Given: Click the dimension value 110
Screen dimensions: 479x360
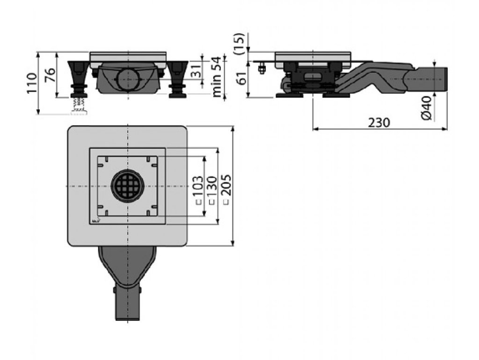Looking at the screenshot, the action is (31, 83).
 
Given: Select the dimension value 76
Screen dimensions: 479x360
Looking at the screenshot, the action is (50, 75).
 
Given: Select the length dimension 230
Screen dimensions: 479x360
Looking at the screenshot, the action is (378, 122).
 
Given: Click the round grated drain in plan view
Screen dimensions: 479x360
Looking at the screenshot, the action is (127, 186).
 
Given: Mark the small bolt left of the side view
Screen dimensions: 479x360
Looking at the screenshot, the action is (262, 69).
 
